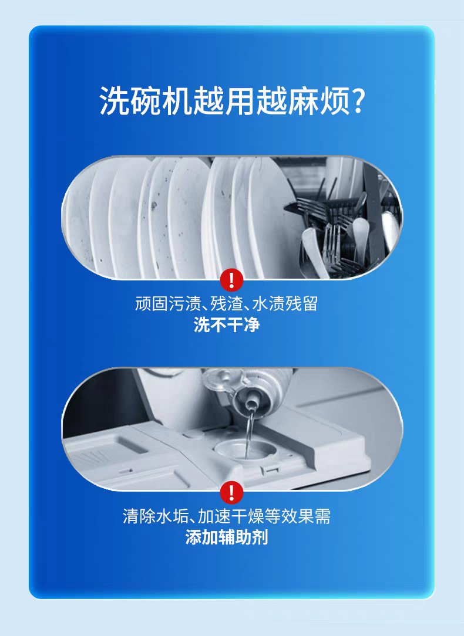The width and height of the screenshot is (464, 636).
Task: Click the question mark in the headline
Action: (x=357, y=100)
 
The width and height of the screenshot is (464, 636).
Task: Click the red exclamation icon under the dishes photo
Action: (x=231, y=280)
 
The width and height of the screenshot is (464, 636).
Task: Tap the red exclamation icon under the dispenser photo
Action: (x=231, y=492)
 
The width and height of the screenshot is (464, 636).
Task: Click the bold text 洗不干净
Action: (x=227, y=325)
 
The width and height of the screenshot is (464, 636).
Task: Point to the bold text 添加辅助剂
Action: (x=227, y=537)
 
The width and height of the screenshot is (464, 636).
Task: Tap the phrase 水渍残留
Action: (x=285, y=303)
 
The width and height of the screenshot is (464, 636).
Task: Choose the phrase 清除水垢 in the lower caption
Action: (x=156, y=516)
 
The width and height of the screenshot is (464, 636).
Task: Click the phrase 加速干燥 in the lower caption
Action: (x=231, y=516)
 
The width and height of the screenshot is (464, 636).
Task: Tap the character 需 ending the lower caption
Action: (x=322, y=516)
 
